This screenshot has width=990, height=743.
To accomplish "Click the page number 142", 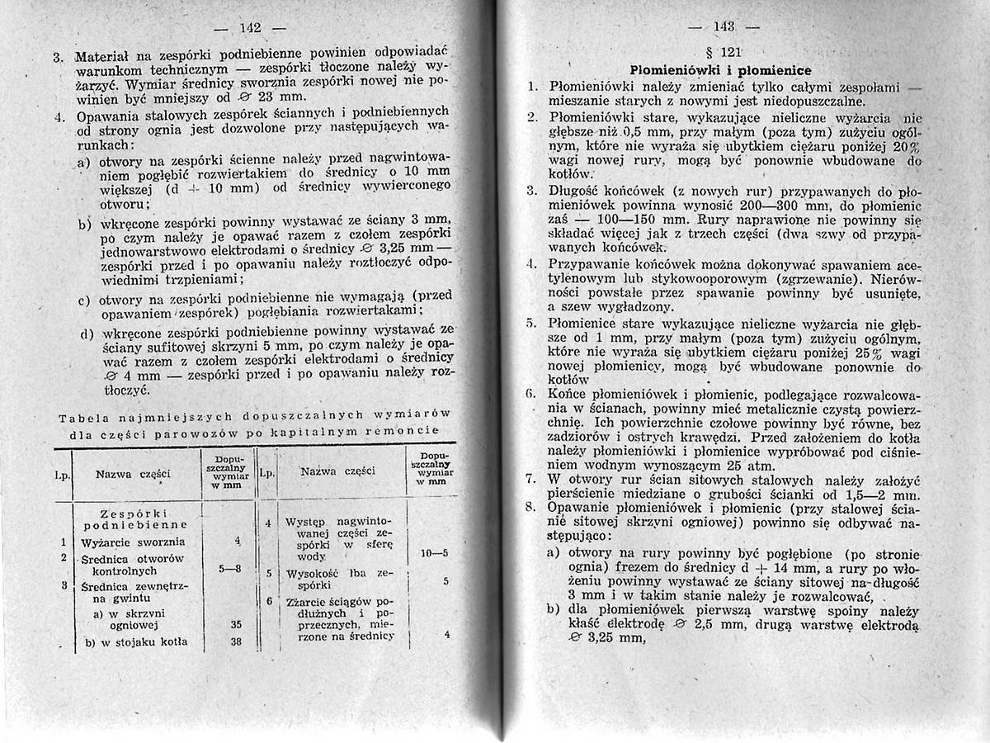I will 250,28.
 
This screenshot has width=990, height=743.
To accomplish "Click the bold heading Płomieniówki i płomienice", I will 719,69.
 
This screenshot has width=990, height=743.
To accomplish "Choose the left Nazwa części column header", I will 133,474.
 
